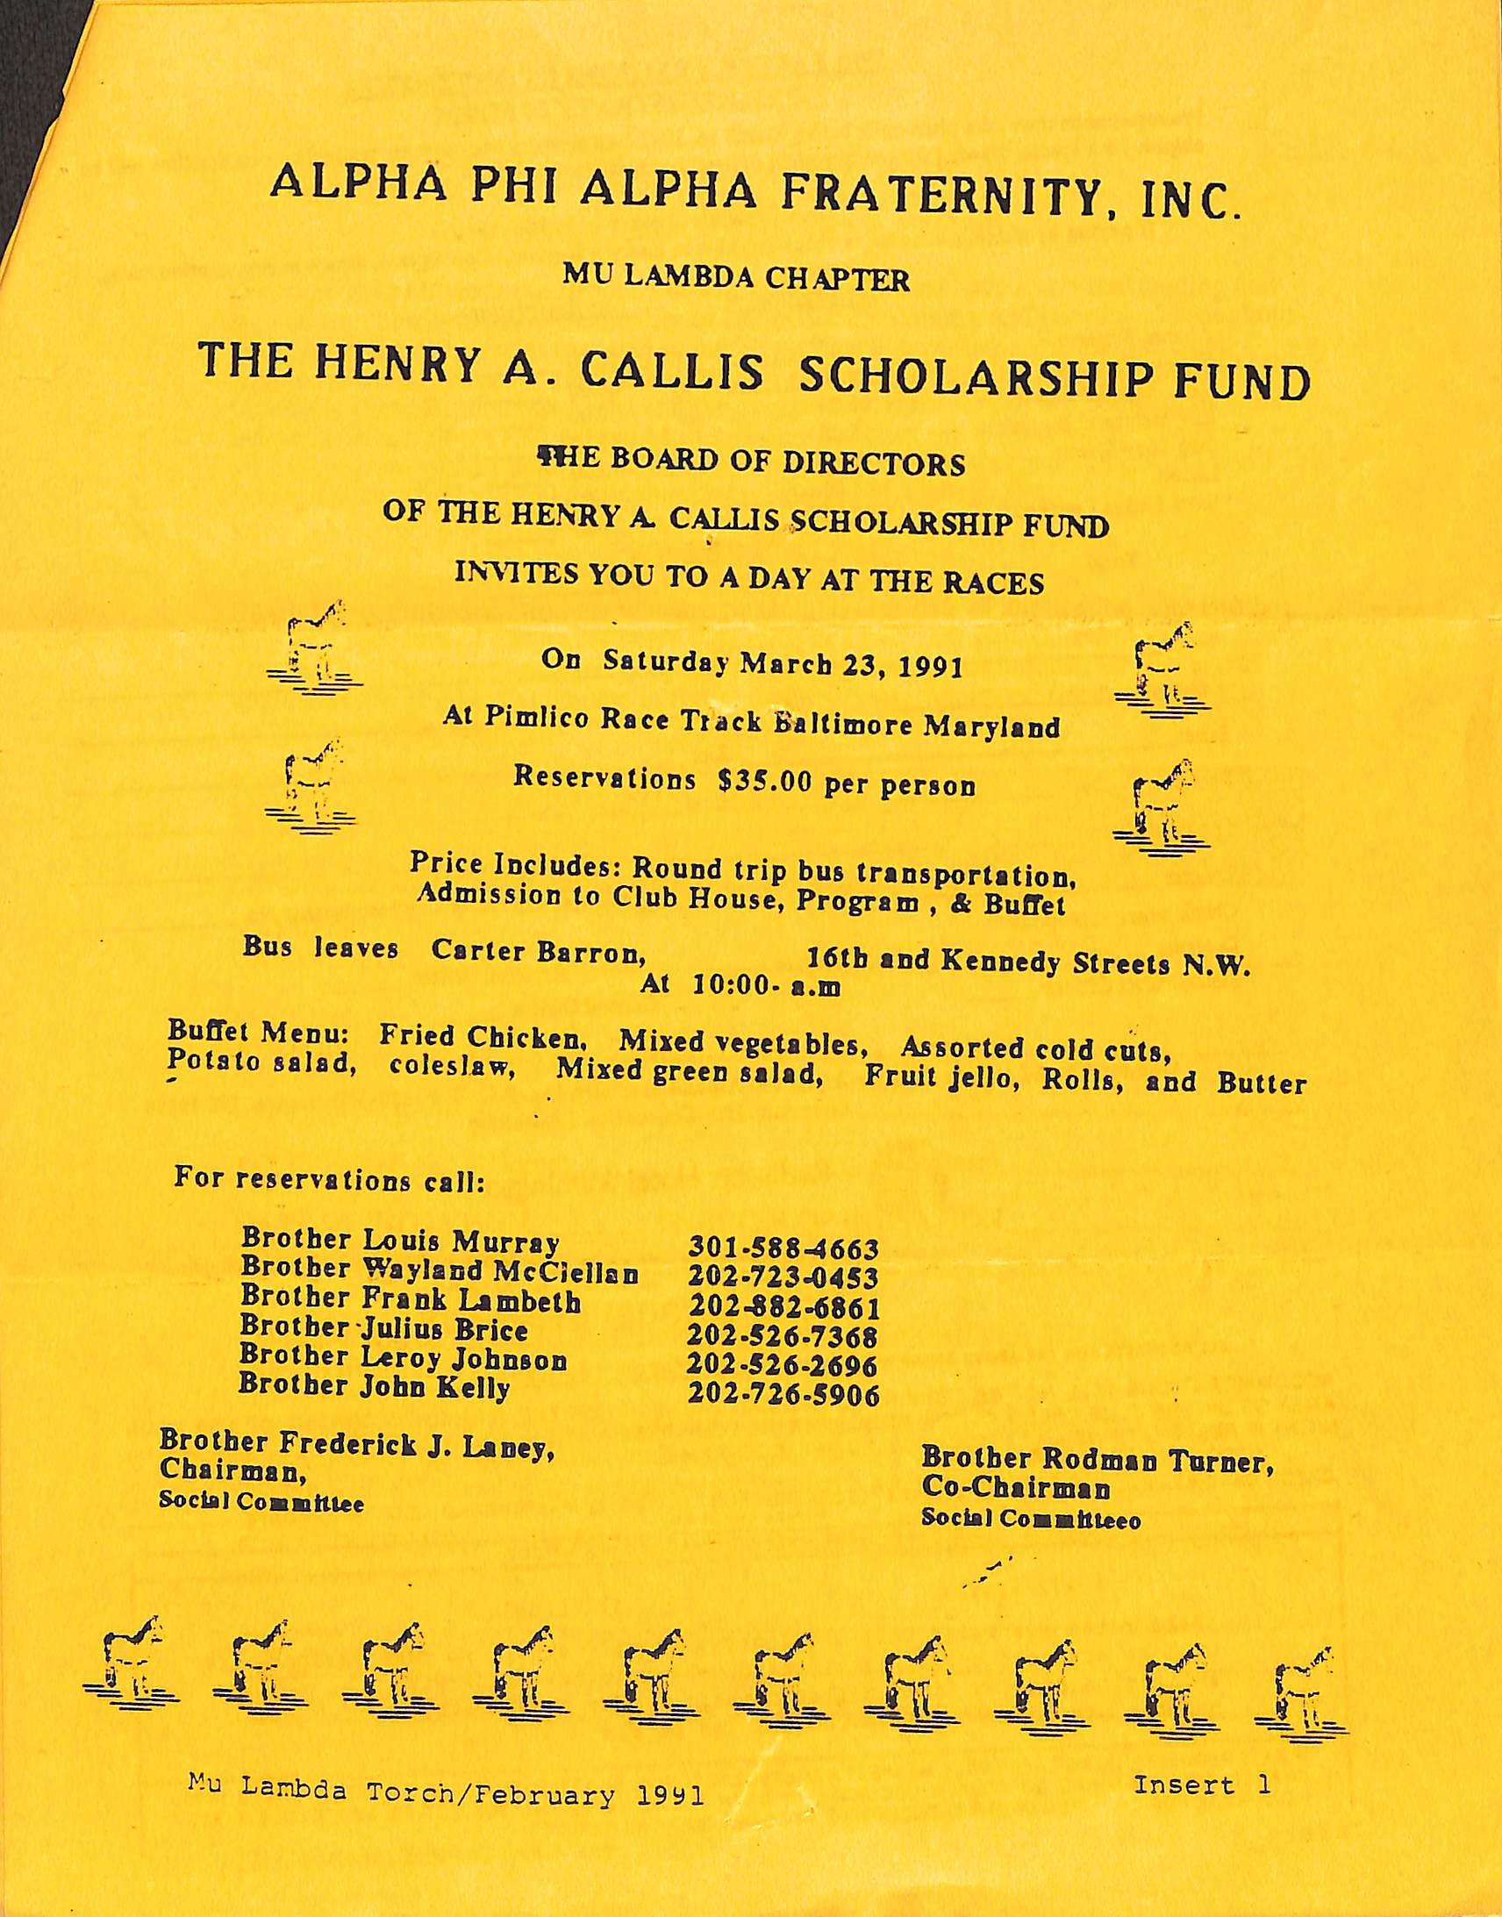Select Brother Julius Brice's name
point(384,1328)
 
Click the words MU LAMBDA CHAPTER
point(737,280)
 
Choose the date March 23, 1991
point(849,664)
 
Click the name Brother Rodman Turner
point(1098,1460)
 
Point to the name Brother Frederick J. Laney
point(356,1443)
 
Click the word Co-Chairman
point(1016,1489)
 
